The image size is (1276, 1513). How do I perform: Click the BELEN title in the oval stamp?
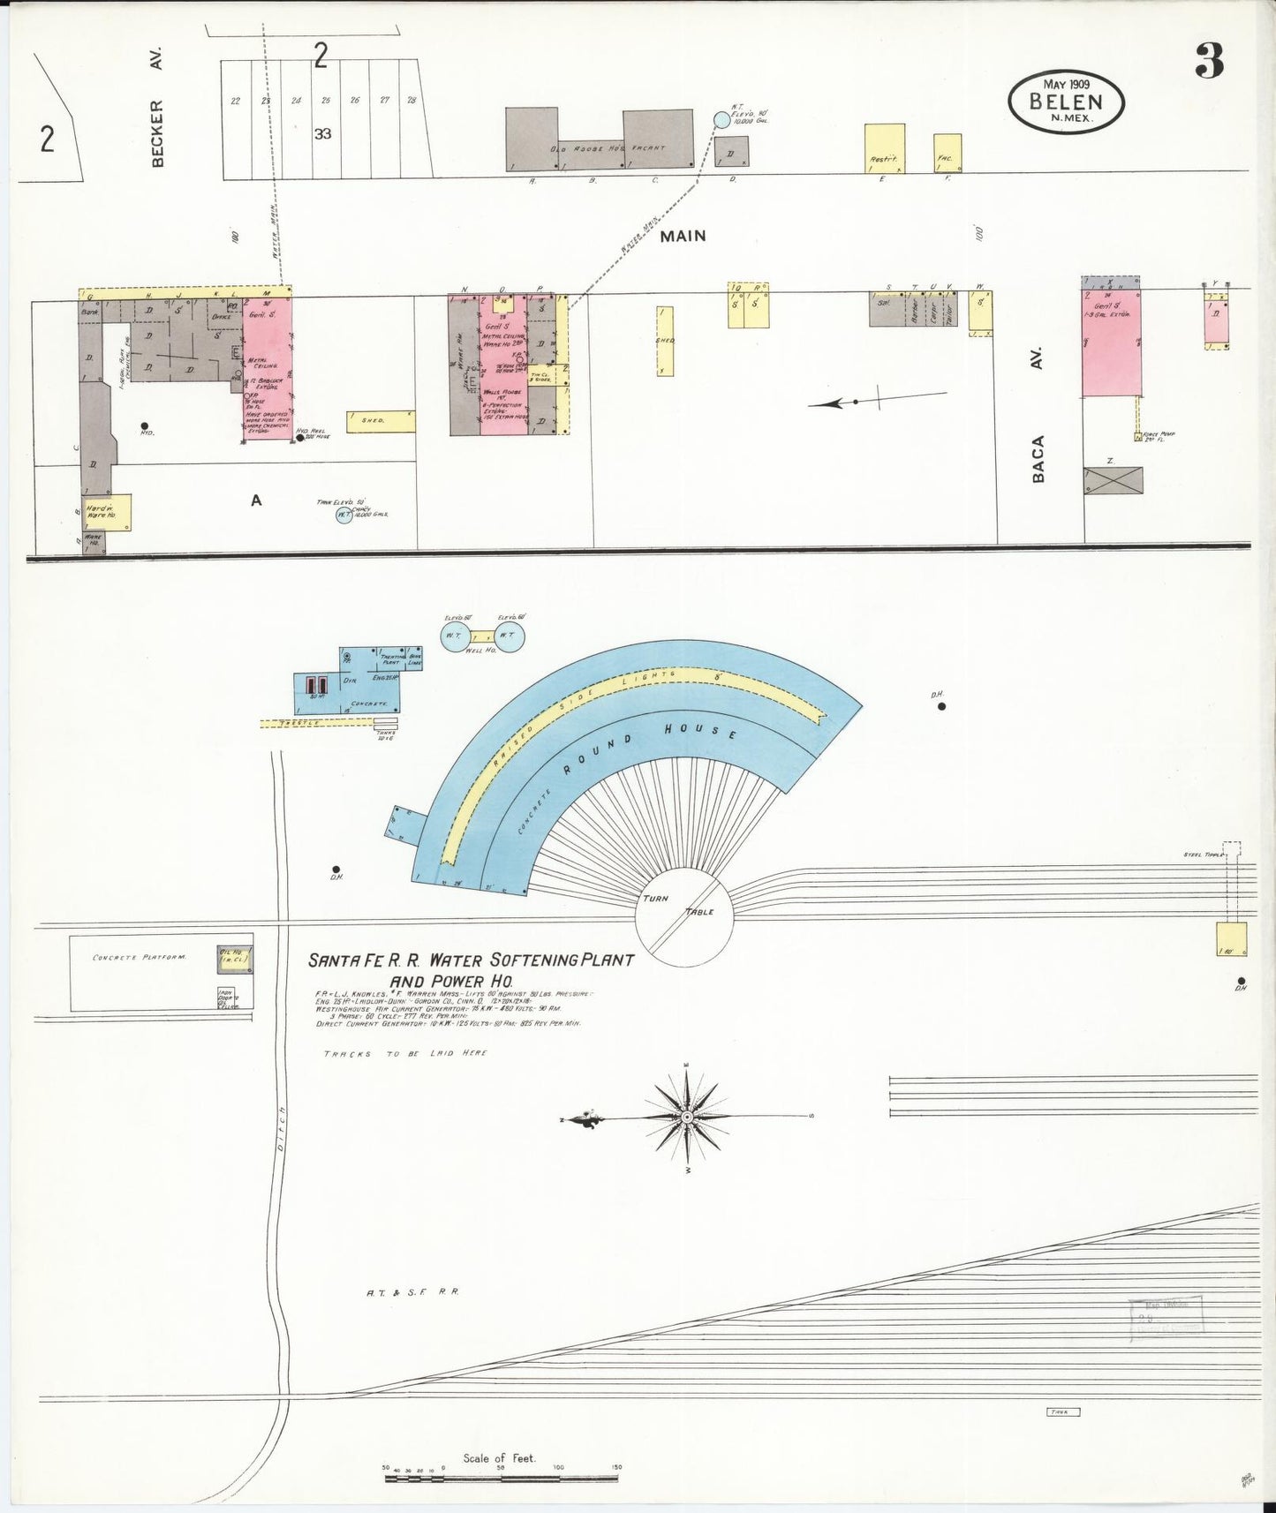(x=1066, y=100)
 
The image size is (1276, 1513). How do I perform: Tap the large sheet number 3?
(x=1209, y=61)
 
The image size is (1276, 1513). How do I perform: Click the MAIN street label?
(x=683, y=236)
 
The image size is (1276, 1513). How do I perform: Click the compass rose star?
(x=686, y=1118)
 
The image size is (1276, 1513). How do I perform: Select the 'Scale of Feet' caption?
(x=499, y=1458)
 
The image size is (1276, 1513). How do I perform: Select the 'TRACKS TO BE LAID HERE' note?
(x=404, y=1054)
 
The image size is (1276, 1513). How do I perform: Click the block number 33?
(x=323, y=134)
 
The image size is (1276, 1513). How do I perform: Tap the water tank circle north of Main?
(x=721, y=119)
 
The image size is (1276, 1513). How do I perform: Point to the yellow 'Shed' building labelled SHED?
(x=381, y=420)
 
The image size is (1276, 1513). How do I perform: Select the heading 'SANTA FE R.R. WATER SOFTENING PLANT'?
(x=470, y=960)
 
